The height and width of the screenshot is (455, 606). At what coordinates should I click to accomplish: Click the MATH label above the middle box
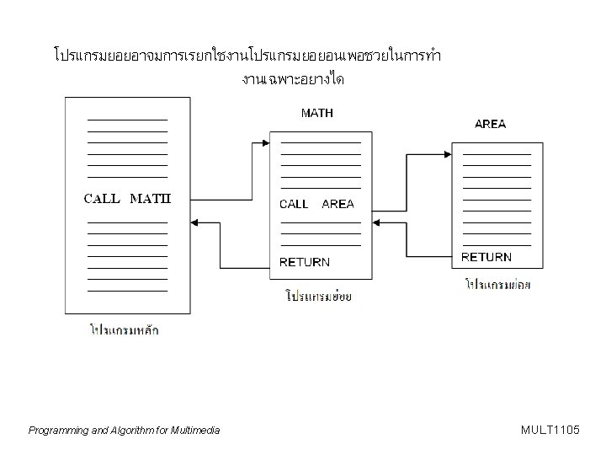(x=316, y=114)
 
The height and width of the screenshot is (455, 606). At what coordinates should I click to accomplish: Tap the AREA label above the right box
(x=491, y=124)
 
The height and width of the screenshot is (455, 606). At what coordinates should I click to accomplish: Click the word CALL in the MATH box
(x=294, y=204)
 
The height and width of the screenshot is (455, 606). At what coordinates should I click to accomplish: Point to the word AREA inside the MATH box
(x=338, y=204)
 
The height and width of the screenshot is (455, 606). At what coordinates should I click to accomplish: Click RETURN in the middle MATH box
(x=305, y=262)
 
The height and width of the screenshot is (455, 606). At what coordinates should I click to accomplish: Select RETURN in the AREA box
(x=486, y=257)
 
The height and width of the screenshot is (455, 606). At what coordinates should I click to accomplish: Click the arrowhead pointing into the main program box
(x=196, y=222)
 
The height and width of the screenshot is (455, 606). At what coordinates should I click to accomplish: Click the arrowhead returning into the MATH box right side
(x=376, y=222)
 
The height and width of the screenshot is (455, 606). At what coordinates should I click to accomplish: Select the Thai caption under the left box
(x=125, y=329)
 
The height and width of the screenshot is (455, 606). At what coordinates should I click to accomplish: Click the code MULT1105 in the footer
(x=550, y=431)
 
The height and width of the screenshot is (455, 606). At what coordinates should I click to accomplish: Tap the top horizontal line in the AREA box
(x=497, y=155)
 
